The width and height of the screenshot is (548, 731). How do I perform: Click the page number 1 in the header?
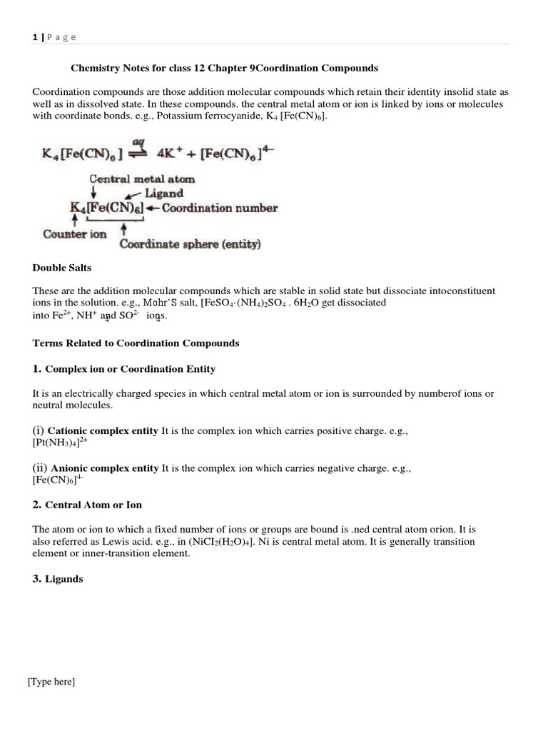[34, 37]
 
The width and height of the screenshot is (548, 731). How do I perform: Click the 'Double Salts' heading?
[62, 268]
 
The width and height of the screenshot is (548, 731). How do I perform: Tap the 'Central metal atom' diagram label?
[142, 179]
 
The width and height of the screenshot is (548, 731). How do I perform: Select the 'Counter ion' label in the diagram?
[75, 234]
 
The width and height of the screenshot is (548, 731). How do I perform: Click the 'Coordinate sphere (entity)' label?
[190, 245]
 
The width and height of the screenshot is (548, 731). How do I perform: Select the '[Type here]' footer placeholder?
[51, 682]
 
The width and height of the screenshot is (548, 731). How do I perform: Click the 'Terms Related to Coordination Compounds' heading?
[136, 343]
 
